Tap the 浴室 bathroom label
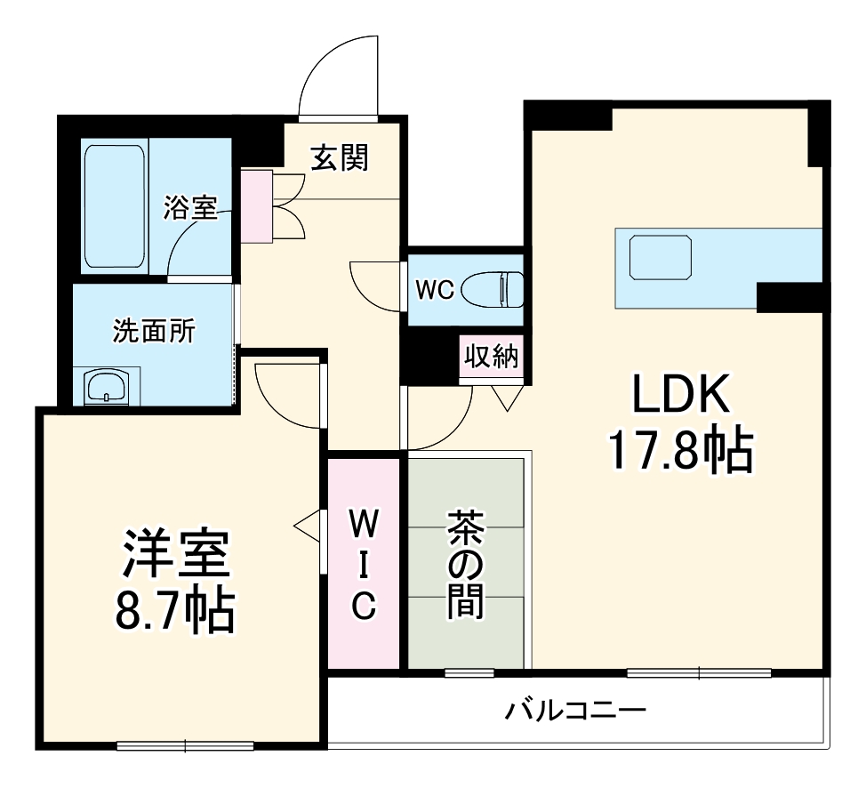tap(189, 208)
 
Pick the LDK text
tap(680, 394)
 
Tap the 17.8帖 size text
tap(680, 452)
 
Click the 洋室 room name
tap(176, 556)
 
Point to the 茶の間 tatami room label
tap(465, 564)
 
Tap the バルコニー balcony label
tap(575, 711)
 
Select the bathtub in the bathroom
tap(115, 207)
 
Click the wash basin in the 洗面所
tap(108, 387)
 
